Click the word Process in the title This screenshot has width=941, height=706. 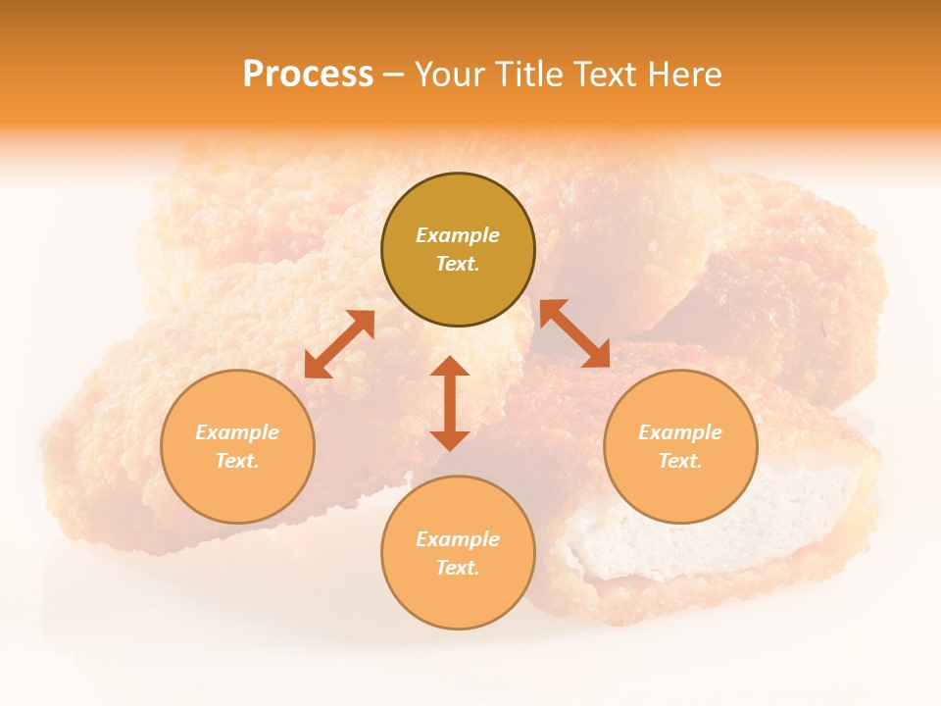pyautogui.click(x=308, y=75)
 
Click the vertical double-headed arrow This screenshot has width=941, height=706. pyautogui.click(x=450, y=403)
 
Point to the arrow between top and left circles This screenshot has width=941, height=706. pyautogui.click(x=339, y=344)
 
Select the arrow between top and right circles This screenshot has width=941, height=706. pyautogui.click(x=574, y=333)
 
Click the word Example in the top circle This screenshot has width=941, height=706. pyautogui.click(x=458, y=235)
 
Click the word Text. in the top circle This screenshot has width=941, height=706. pyautogui.click(x=458, y=264)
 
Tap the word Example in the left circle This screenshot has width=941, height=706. pyautogui.click(x=237, y=432)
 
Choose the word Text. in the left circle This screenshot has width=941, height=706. pyautogui.click(x=237, y=461)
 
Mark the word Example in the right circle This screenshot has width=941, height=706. pyautogui.click(x=680, y=432)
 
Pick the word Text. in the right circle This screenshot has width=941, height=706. pyautogui.click(x=680, y=461)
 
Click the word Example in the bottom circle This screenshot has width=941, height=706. pyautogui.click(x=458, y=539)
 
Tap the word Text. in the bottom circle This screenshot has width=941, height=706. pyautogui.click(x=458, y=568)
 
